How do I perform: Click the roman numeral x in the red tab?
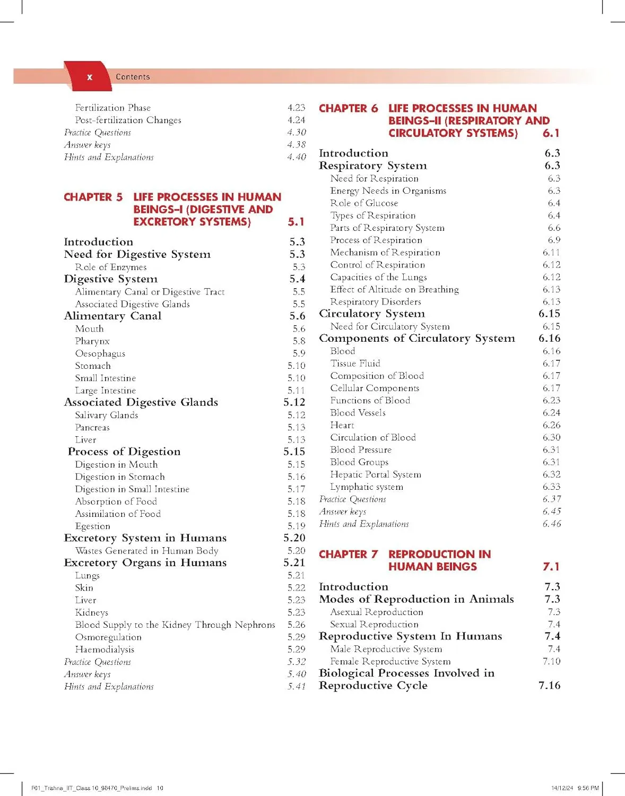click(90, 77)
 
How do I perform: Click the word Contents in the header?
click(133, 77)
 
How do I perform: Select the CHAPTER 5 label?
click(93, 197)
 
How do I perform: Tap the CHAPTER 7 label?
click(348, 554)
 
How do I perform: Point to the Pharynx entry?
click(92, 341)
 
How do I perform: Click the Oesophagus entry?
click(100, 353)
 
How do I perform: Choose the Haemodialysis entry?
click(105, 650)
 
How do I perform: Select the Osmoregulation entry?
click(108, 637)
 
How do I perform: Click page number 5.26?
click(297, 625)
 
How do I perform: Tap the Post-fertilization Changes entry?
click(128, 120)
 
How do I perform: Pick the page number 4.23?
click(297, 108)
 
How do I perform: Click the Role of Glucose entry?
click(364, 203)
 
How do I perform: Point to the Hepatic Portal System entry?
click(376, 474)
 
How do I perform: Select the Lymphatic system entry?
click(367, 487)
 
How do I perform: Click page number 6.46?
click(551, 524)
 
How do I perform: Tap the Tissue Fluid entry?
click(355, 364)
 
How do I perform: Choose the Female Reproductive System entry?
click(390, 662)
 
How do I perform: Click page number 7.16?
click(549, 686)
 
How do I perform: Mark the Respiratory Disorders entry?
click(376, 302)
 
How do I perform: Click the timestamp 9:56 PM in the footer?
click(588, 788)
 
